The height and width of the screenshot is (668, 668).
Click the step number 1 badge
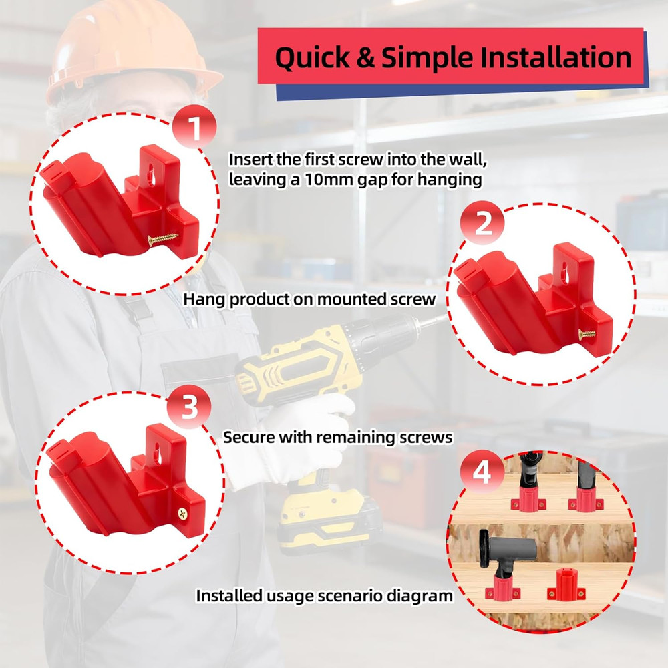[x=194, y=128]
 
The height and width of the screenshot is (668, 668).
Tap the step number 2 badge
[x=484, y=224]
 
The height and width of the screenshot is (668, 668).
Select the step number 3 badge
[x=190, y=407]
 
